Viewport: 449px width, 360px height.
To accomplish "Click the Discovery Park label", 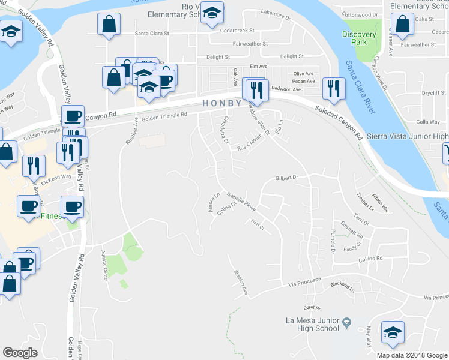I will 359,38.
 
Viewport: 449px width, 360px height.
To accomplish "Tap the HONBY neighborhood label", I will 221,103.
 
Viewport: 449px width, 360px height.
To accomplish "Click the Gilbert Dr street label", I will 286,178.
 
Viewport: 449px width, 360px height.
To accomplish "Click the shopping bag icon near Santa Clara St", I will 109,26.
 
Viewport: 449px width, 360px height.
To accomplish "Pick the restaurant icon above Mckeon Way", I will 34,166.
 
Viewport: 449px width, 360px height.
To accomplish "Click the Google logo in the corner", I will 20,353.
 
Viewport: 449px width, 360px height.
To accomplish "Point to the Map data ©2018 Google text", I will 412,355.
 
